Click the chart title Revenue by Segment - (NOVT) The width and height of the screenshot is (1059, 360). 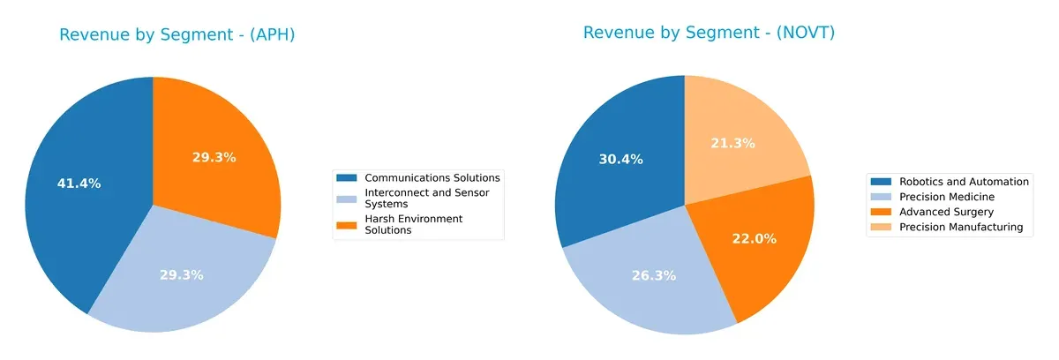(709, 33)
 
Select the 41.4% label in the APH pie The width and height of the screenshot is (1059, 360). (79, 184)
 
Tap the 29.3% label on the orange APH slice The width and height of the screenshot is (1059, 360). (214, 157)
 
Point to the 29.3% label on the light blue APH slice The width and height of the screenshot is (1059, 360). (181, 274)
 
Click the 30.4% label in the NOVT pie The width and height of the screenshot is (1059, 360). (621, 160)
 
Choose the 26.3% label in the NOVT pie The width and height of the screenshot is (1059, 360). (654, 275)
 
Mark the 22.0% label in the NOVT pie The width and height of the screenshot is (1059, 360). (755, 237)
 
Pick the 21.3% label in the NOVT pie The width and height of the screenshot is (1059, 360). (732, 143)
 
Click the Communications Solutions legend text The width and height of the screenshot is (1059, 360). (432, 177)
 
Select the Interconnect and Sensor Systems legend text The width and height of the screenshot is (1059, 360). (426, 198)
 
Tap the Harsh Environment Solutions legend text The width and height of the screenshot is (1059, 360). (413, 224)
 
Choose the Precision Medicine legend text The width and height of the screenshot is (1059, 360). (947, 197)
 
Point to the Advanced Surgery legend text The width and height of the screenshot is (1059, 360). (946, 212)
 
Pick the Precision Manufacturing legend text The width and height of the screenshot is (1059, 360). (960, 227)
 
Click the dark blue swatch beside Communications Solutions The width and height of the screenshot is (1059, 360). (348, 177)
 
